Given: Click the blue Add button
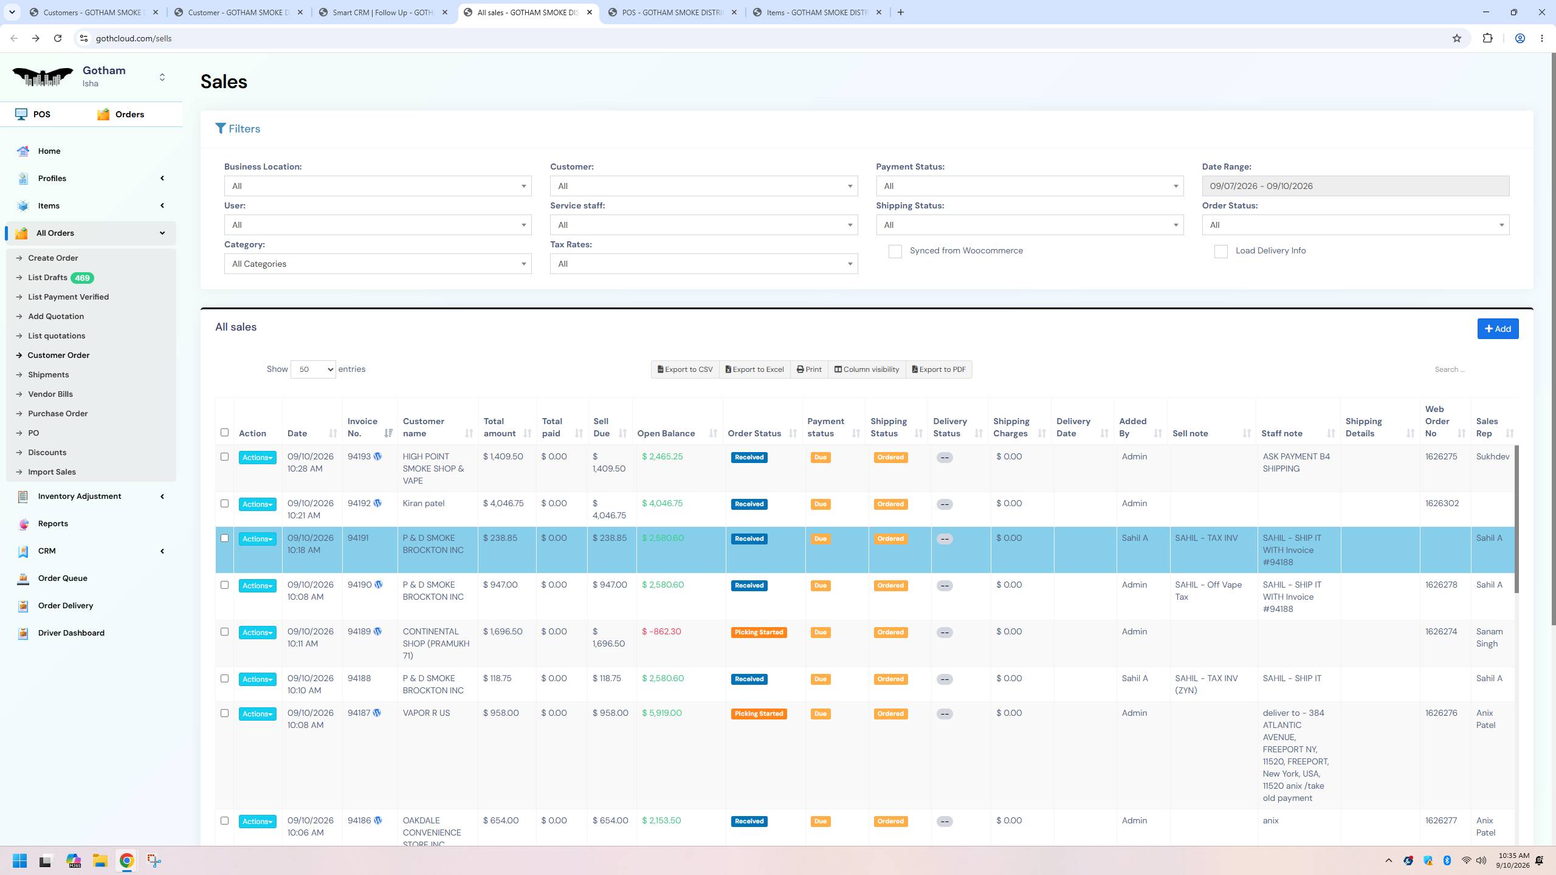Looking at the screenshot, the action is [x=1498, y=329].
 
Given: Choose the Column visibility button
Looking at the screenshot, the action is [x=867, y=369].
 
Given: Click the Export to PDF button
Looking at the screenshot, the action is [x=939, y=369].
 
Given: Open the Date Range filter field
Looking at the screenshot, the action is [x=1355, y=186].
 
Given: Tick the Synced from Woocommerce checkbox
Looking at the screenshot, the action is [x=895, y=252].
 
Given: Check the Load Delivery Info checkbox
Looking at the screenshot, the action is [x=1220, y=252].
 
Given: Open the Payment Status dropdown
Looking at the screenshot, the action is [x=1030, y=186].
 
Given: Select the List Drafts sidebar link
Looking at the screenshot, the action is [x=47, y=278].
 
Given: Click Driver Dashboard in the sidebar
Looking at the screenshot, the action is [x=71, y=633].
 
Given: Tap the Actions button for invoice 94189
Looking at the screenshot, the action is [x=257, y=633].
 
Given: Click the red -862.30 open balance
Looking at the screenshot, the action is [x=661, y=632].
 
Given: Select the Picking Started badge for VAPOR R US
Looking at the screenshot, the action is [x=759, y=714].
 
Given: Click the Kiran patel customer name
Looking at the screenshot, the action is [x=424, y=504].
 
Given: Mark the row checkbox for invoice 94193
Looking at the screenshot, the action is [x=224, y=457].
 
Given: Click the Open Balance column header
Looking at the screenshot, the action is [x=666, y=434].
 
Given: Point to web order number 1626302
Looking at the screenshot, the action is [x=1442, y=504].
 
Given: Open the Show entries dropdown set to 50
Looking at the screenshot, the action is [x=313, y=369].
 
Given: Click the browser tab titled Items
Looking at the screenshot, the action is [x=818, y=12].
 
